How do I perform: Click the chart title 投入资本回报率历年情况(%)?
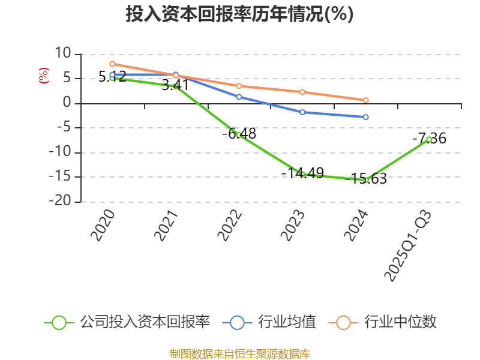(x=239, y=14)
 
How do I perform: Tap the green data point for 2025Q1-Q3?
(x=429, y=139)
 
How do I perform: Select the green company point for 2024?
(x=366, y=180)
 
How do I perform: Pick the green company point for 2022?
(x=239, y=135)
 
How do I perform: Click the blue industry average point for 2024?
(x=366, y=117)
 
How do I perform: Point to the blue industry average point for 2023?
(x=302, y=112)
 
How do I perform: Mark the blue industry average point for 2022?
(x=239, y=97)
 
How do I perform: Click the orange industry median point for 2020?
(x=112, y=64)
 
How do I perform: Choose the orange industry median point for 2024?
(x=366, y=100)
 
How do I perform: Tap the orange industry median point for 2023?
(x=302, y=92)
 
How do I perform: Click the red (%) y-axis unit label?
(x=43, y=76)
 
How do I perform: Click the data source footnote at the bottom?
(x=239, y=353)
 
